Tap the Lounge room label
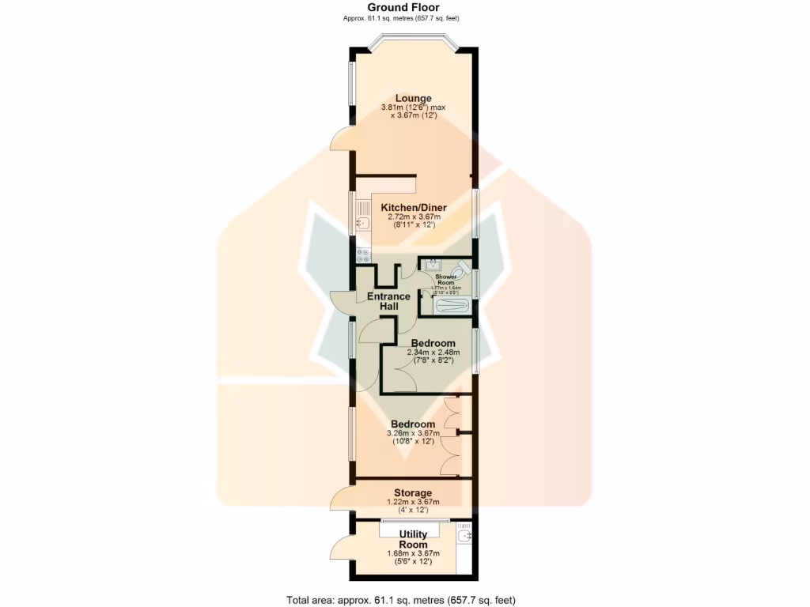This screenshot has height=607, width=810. click(414, 98)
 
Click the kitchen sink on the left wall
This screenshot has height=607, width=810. click(362, 215)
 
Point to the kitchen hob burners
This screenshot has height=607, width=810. click(364, 255)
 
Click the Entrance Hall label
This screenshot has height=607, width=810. click(388, 301)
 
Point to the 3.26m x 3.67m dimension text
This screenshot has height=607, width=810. click(413, 433)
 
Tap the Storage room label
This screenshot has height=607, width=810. click(413, 493)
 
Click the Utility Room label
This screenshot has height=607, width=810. click(413, 540)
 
